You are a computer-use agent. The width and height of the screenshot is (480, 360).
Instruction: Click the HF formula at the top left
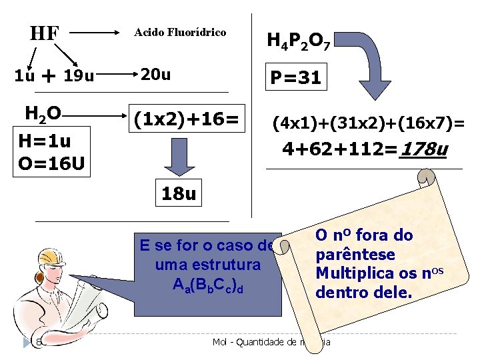point(45,33)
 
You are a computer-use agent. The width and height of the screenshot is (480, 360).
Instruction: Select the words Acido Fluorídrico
point(180,32)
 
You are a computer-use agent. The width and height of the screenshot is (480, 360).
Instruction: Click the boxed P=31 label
point(294,78)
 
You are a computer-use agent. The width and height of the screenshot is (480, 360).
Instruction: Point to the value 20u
point(155,75)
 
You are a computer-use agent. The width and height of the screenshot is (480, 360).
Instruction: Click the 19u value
point(79,76)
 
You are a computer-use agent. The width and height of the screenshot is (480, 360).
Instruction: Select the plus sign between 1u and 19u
point(48,76)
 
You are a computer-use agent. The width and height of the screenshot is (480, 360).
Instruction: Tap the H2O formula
point(43,114)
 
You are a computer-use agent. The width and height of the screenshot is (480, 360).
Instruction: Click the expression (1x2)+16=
point(185,120)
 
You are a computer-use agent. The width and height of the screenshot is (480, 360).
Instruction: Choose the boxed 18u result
point(179,195)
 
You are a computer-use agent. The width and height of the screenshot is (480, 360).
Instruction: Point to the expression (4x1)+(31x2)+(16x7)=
point(367,123)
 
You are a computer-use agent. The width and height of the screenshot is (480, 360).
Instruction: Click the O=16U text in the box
point(51,161)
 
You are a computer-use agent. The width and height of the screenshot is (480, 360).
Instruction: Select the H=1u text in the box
point(45,141)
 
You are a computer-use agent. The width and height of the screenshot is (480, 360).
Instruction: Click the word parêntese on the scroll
point(355,255)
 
